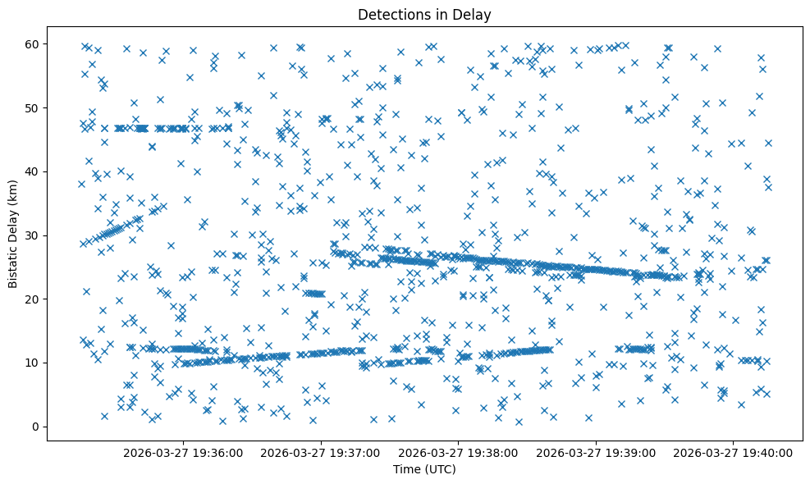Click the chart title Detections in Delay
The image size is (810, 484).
point(424,14)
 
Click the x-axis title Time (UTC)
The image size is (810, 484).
point(424,470)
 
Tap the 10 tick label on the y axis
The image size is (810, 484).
point(34,363)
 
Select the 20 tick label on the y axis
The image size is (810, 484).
point(34,299)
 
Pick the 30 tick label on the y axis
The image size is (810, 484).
point(34,235)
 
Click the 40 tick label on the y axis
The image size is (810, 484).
point(34,171)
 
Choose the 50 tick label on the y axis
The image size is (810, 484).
point(34,107)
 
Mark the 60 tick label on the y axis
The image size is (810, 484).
point(34,43)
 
